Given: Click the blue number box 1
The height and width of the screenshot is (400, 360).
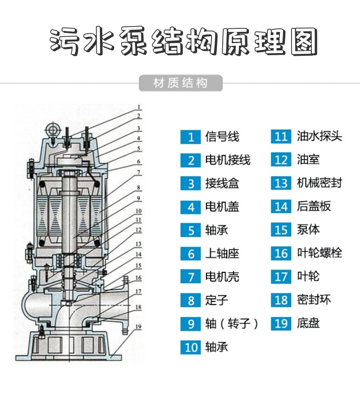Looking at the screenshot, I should coord(190,137).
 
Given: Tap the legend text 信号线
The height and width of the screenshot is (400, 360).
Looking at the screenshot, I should coord(222,137).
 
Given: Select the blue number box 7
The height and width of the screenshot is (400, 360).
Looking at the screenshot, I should coord(190,276).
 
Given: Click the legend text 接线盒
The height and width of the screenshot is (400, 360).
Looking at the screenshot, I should coord(222,183).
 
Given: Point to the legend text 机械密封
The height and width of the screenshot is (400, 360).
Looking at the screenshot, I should coord(320,183).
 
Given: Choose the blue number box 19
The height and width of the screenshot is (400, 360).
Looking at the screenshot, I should coord(281,324).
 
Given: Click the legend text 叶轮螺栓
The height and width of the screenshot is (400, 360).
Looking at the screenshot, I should coord(320,253).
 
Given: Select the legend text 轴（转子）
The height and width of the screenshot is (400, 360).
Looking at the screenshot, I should coord(232,323).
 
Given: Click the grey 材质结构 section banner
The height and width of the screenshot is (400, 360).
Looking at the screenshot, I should coord(180,84).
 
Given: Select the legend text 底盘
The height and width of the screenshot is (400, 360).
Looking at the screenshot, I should coord(309,323).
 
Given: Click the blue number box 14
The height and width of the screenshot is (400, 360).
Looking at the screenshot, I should coord(281,207).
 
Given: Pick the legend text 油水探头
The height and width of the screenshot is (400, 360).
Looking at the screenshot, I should coord(320,136).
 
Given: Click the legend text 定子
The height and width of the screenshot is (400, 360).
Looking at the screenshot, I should coord(217,300).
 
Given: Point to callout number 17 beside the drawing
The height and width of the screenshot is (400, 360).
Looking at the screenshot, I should coord(139,291).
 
